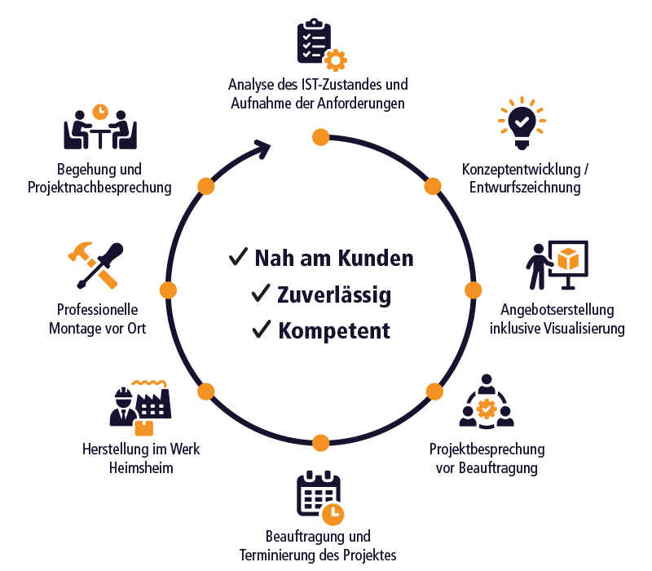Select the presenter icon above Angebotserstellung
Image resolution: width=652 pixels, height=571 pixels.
coord(556,263)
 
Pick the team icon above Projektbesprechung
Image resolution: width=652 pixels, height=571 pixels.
coord(487,402)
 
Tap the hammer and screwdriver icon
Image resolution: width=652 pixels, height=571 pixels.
coord(95,265)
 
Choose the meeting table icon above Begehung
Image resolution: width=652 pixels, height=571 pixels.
coord(99,126)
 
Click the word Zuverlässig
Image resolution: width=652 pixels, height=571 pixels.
coord(333,294)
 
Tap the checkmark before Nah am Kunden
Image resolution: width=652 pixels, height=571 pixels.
coord(238,258)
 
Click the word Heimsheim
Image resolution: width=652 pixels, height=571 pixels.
coord(141,467)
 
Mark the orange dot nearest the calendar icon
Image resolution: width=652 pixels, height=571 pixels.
coord(320,443)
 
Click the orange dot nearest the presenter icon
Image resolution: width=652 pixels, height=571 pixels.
coord(473,290)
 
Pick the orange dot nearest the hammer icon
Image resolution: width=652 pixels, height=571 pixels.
coord(168,290)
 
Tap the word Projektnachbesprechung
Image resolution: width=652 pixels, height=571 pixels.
coord(99,188)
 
